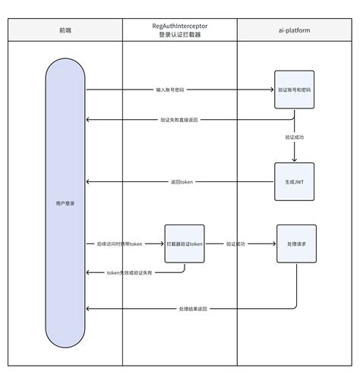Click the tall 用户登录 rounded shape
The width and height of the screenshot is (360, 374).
pyautogui.click(x=65, y=203)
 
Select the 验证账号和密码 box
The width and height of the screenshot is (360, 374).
pyautogui.click(x=294, y=90)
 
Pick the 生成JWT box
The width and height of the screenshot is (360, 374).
pyautogui.click(x=294, y=181)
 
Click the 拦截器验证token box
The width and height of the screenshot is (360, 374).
pyautogui.click(x=185, y=244)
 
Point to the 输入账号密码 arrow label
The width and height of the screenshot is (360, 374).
pyautogui.click(x=170, y=90)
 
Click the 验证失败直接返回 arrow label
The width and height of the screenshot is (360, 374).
pyautogui.click(x=180, y=120)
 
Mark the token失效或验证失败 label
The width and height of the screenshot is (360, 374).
pyautogui.click(x=130, y=272)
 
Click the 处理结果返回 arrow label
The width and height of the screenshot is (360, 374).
pyautogui.click(x=194, y=309)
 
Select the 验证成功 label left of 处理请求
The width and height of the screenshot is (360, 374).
pyautogui.click(x=236, y=244)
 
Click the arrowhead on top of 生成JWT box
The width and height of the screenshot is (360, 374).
pyautogui.click(x=294, y=160)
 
